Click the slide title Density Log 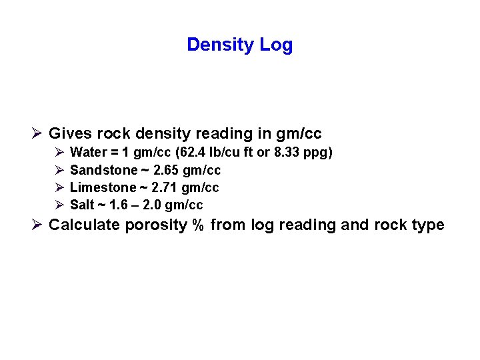[x=239, y=45]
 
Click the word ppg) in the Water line [x=317, y=153]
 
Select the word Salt [x=81, y=205]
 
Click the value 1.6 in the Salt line [x=117, y=205]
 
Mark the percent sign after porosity [x=197, y=225]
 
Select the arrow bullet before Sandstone [x=58, y=170]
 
